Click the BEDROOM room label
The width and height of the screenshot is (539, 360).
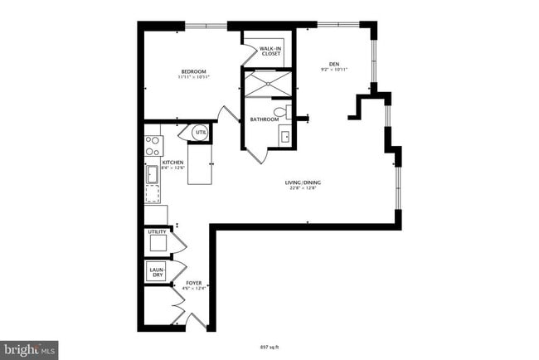tap(193, 73)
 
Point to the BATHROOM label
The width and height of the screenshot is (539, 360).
tap(265, 119)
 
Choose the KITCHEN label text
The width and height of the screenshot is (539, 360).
tap(172, 162)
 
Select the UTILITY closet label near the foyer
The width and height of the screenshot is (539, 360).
tap(157, 232)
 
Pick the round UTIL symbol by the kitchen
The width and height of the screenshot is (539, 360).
tap(201, 133)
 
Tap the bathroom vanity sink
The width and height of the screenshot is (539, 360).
tap(284, 136)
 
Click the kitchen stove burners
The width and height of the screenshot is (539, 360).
tap(153, 146)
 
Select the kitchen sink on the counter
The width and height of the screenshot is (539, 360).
tap(153, 174)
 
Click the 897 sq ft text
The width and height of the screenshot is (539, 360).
tap(270, 347)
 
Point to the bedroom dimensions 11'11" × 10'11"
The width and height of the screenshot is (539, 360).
tap(193, 79)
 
